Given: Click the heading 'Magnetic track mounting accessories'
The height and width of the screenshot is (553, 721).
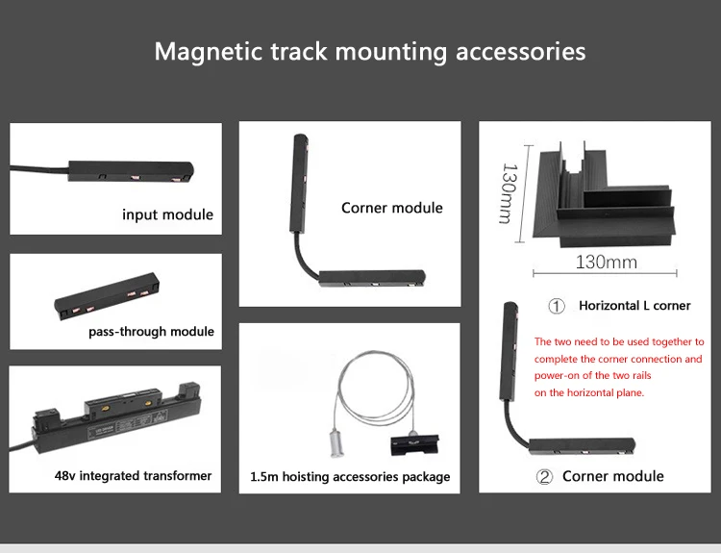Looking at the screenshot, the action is [370, 51].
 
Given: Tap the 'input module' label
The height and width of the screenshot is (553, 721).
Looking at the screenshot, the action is [167, 214].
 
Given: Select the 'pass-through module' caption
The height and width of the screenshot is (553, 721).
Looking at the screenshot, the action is [151, 332].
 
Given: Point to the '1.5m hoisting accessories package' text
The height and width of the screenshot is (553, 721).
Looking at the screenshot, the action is [350, 476].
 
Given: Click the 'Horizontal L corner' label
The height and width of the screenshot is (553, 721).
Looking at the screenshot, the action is [634, 306].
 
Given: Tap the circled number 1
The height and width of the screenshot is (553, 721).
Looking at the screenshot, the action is [557, 307].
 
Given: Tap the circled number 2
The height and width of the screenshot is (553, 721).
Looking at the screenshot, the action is [545, 476].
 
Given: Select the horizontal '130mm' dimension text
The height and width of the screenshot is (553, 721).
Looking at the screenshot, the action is [606, 262].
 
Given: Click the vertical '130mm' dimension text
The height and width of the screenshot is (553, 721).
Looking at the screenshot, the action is [507, 192].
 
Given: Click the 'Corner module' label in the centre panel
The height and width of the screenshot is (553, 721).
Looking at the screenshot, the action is [391, 208].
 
